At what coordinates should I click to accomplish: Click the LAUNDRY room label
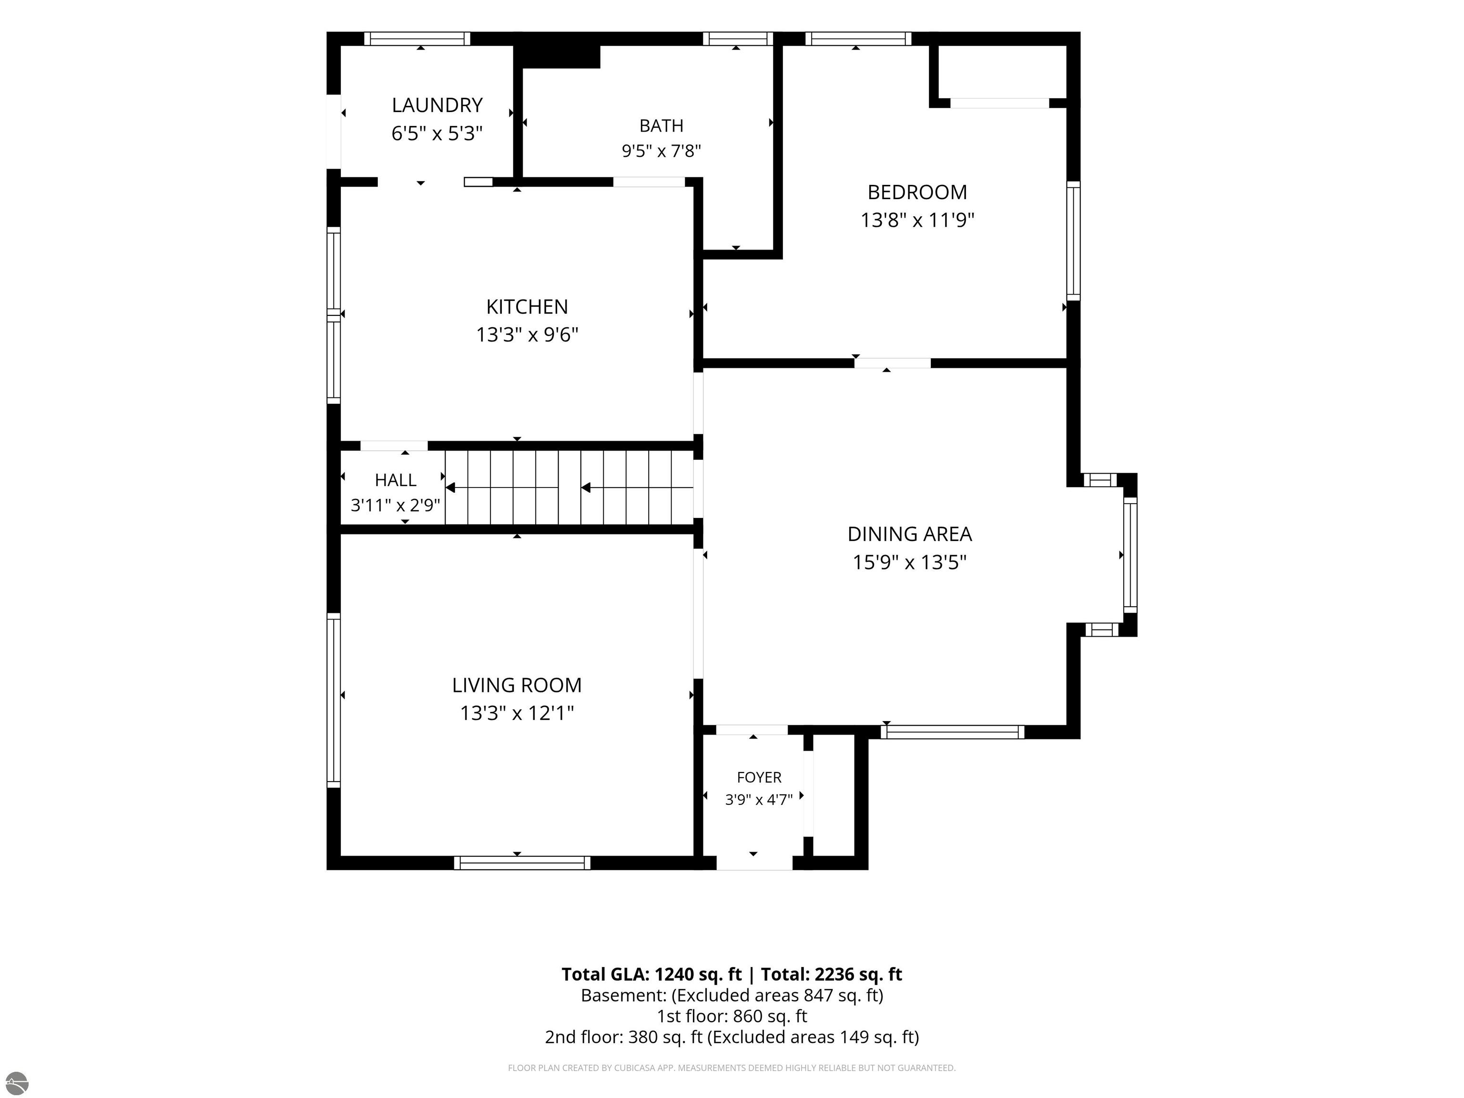point(437,105)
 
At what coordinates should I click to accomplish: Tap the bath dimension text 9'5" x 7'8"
point(661,151)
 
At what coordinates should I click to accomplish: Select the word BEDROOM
point(917,192)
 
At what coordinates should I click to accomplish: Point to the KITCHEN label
point(527,306)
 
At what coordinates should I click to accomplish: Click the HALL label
point(396,480)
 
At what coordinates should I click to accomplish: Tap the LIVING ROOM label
point(517,685)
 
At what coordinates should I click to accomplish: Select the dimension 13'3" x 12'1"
point(517,713)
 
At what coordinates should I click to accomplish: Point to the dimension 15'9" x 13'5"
point(909,562)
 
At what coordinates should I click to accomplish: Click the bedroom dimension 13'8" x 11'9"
point(917,220)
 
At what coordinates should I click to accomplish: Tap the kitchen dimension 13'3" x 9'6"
point(527,334)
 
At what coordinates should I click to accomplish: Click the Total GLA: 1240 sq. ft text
point(652,974)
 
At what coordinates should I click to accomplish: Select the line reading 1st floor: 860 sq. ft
point(732,1016)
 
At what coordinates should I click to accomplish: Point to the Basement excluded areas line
point(732,996)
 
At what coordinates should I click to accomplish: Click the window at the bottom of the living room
point(522,863)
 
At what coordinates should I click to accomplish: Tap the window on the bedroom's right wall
point(1074,241)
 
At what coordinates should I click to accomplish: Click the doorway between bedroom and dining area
point(892,363)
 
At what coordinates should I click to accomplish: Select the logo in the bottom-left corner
point(17,1083)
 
